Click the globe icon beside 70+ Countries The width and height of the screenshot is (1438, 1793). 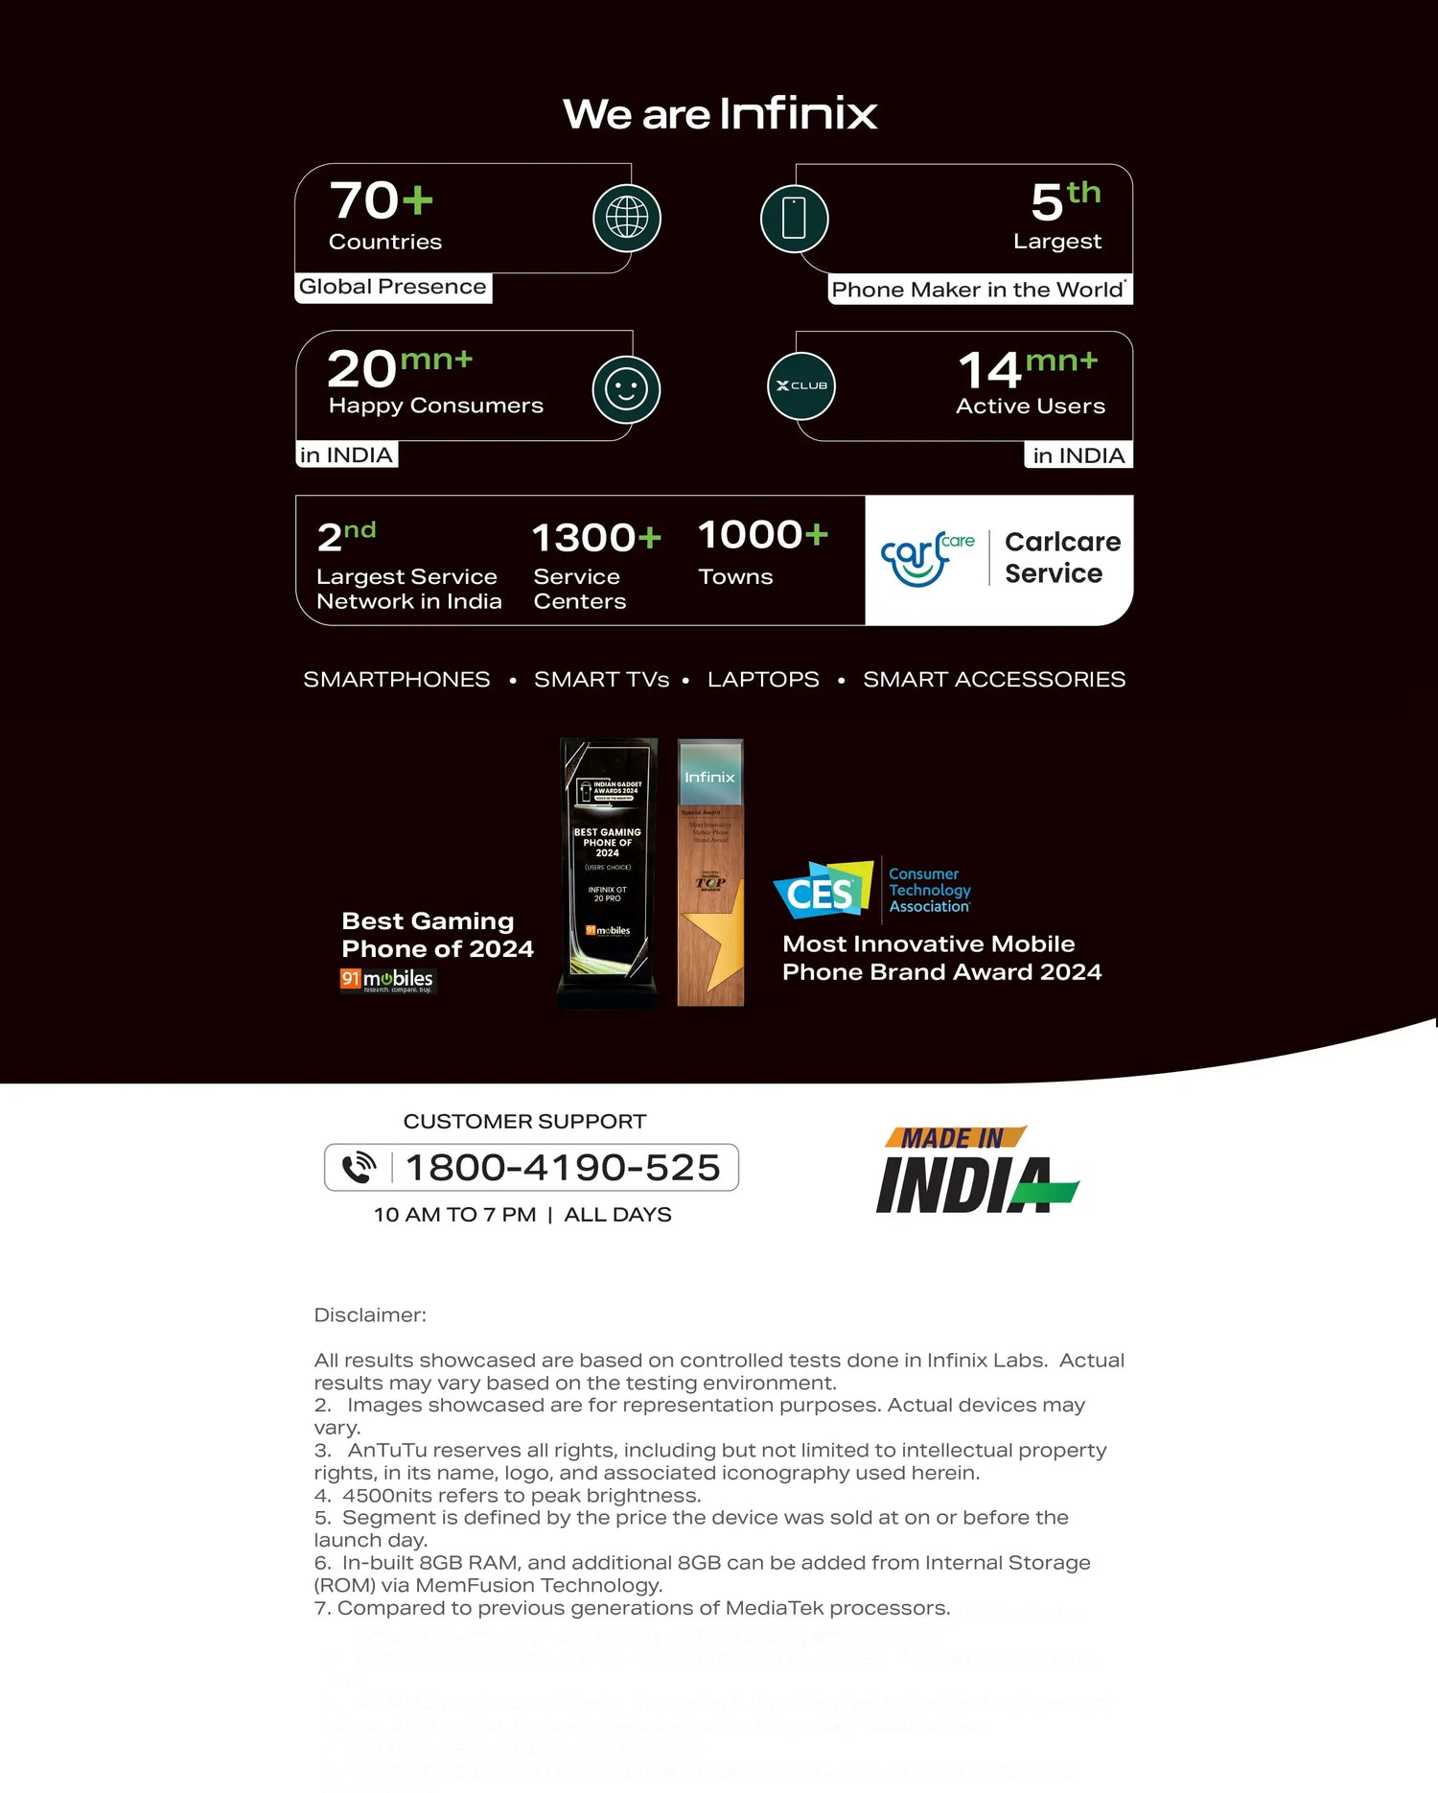pyautogui.click(x=627, y=219)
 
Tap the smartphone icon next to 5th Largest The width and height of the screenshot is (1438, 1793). pyautogui.click(x=794, y=219)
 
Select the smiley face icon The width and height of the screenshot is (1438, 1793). pyautogui.click(x=626, y=389)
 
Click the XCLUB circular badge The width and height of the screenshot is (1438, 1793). pyautogui.click(x=801, y=385)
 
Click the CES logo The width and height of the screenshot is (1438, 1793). pyautogui.click(x=823, y=891)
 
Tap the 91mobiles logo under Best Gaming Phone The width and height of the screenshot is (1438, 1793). pyautogui.click(x=387, y=980)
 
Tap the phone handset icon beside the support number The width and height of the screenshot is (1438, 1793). pyautogui.click(x=359, y=1168)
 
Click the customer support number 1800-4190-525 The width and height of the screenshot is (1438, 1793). pyautogui.click(x=563, y=1168)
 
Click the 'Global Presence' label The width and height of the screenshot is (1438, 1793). pyautogui.click(x=393, y=287)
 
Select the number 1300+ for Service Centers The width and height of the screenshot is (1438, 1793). pyautogui.click(x=596, y=538)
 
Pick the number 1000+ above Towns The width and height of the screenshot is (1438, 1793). pyautogui.click(x=762, y=535)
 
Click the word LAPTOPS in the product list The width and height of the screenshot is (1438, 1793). pyautogui.click(x=763, y=680)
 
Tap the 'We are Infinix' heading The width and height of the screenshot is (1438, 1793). pyautogui.click(x=720, y=114)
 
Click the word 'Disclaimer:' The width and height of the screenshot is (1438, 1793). pyautogui.click(x=370, y=1316)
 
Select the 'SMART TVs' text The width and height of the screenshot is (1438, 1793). pyautogui.click(x=601, y=680)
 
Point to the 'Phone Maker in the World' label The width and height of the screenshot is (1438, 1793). pyautogui.click(x=978, y=290)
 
